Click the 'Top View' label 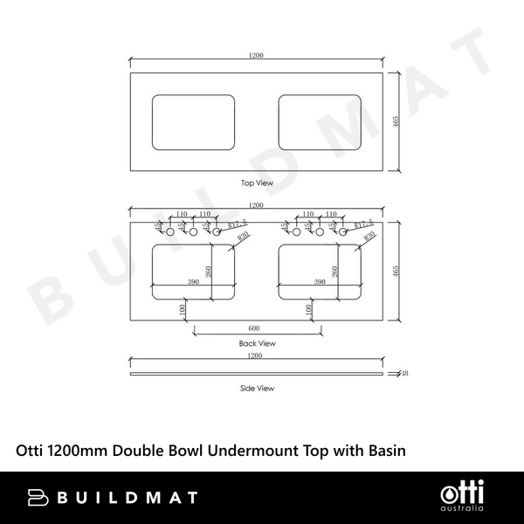pyautogui.click(x=258, y=183)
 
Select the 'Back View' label pyautogui.click(x=258, y=343)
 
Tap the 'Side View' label pyautogui.click(x=258, y=387)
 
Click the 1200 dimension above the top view pyautogui.click(x=257, y=56)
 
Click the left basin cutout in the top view pyautogui.click(x=194, y=121)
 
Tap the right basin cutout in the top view pyautogui.click(x=320, y=121)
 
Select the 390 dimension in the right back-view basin pyautogui.click(x=320, y=281)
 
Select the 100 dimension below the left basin pyautogui.click(x=183, y=310)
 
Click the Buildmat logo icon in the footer pyautogui.click(x=37, y=498)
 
